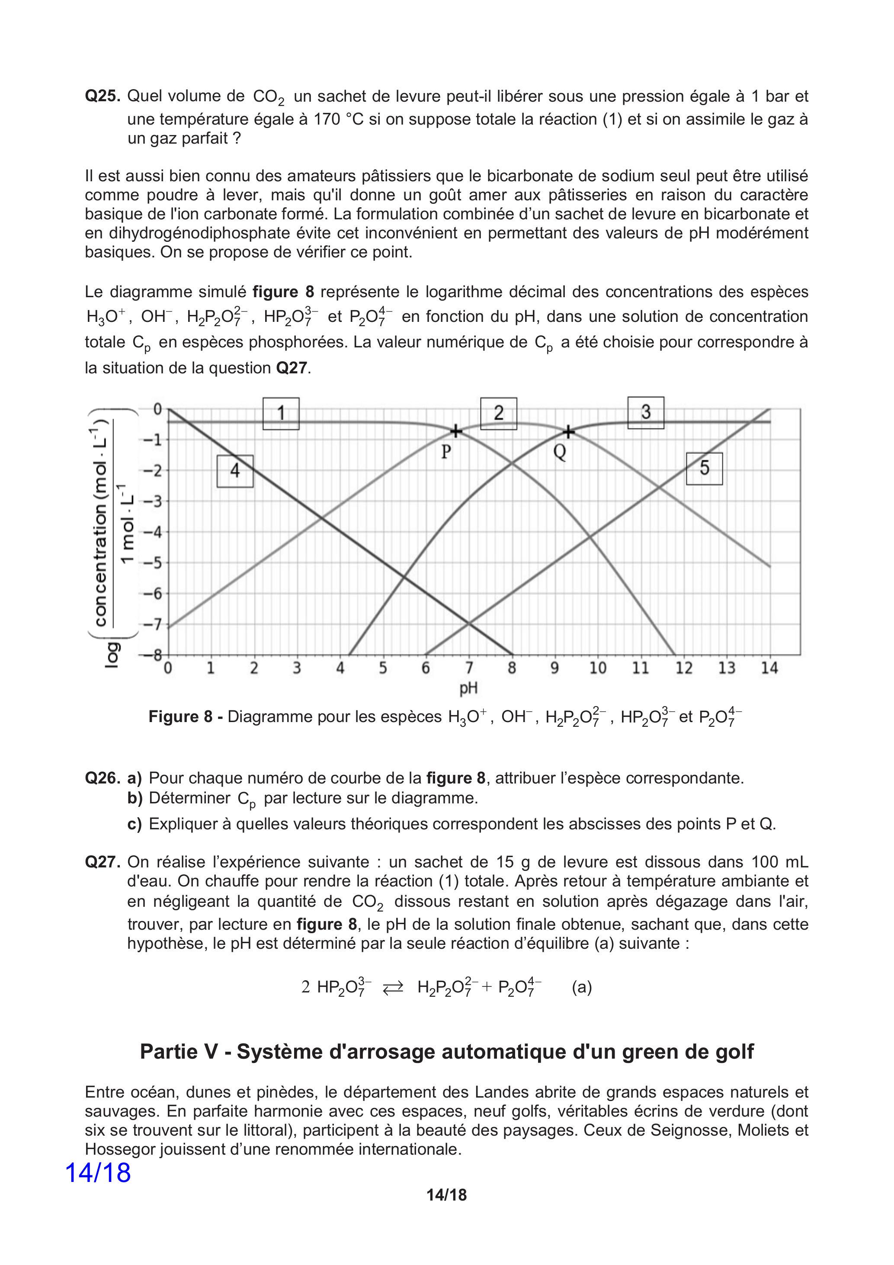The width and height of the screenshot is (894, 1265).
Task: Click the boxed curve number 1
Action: pos(281,413)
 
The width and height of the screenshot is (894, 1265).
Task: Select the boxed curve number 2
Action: pos(499,413)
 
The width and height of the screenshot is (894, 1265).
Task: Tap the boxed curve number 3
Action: pos(646,412)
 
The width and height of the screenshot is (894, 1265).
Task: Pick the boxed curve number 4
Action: pos(235,471)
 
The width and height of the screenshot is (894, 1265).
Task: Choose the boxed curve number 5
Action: pos(704,468)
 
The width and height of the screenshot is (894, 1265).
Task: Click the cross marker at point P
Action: pos(456,431)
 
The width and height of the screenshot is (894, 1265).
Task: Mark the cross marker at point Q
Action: pos(568,433)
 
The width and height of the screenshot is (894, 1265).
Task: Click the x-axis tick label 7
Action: pos(469,668)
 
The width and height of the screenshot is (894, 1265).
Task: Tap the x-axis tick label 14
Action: pos(769,668)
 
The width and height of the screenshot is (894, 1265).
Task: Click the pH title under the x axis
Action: pos(468,688)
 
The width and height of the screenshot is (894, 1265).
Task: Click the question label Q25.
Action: pos(103,96)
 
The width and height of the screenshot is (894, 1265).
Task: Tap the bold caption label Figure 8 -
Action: pos(185,717)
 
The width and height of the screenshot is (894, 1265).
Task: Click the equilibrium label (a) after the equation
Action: pos(582,987)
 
